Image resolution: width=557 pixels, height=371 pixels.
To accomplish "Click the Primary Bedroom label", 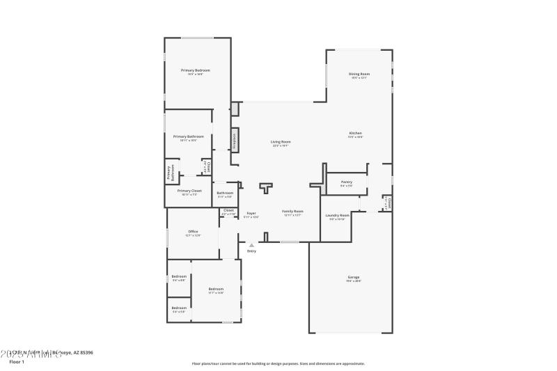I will [x=196, y=70].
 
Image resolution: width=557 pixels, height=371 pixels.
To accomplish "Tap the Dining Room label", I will [x=359, y=74].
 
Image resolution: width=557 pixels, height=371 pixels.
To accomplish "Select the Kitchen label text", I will [x=355, y=133].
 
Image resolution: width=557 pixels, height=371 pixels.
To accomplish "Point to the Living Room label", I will [x=281, y=142].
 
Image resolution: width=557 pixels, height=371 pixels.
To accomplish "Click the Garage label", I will [x=354, y=277].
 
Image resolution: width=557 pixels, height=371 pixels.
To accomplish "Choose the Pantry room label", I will [x=346, y=182].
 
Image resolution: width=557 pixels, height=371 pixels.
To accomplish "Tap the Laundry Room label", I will [x=338, y=216].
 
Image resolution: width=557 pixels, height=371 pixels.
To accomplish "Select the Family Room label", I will [x=292, y=211].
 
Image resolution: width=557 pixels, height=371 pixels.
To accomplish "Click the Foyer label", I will [x=251, y=213].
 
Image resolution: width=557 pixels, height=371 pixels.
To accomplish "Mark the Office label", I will [x=193, y=231].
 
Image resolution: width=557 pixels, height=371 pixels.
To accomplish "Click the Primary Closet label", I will [x=189, y=191].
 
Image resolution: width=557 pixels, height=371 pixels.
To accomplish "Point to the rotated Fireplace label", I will [x=235, y=140].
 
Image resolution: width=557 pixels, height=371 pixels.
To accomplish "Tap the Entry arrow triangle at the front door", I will [x=251, y=244].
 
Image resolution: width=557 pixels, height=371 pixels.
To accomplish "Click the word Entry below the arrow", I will [x=251, y=251].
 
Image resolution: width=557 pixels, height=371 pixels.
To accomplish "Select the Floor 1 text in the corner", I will [x=16, y=362].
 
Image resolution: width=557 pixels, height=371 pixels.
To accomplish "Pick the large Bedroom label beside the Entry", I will [x=216, y=289].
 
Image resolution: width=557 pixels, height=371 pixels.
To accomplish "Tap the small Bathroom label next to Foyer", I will [x=225, y=193].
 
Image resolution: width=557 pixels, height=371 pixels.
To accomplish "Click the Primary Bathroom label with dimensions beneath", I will [x=189, y=136].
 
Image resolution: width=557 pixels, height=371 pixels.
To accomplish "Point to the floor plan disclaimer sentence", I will [x=278, y=363].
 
